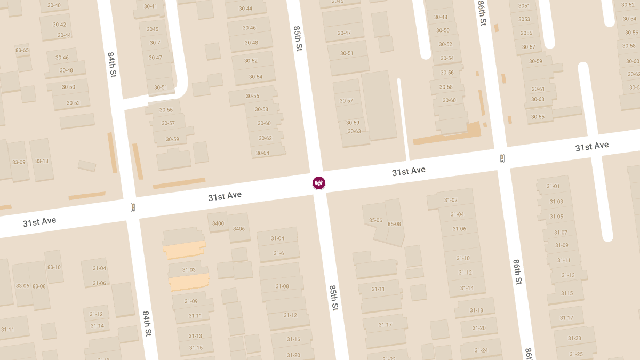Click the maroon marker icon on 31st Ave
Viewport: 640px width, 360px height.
click(319, 183)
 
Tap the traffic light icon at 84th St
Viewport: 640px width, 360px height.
click(133, 207)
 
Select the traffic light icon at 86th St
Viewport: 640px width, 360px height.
click(502, 158)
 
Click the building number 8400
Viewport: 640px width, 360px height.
click(218, 223)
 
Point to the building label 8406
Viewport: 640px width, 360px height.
click(238, 229)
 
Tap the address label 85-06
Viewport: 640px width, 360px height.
click(375, 220)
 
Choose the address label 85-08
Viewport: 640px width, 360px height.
click(394, 224)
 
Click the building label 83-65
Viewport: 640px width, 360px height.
click(22, 50)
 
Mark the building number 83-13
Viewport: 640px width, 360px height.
click(42, 161)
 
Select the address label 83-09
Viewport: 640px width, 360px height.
click(19, 162)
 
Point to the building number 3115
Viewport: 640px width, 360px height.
click(566, 293)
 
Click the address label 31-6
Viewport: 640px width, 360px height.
click(278, 253)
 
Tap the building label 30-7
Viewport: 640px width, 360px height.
click(155, 43)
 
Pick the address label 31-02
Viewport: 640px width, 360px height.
click(451, 200)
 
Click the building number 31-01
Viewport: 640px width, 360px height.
click(553, 186)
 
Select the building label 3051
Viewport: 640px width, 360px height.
click(524, 6)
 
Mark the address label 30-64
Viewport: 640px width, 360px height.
click(262, 153)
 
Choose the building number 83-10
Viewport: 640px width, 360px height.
click(54, 267)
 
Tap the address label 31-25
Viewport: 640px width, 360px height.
click(576, 354)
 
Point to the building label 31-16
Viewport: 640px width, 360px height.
click(293, 339)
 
